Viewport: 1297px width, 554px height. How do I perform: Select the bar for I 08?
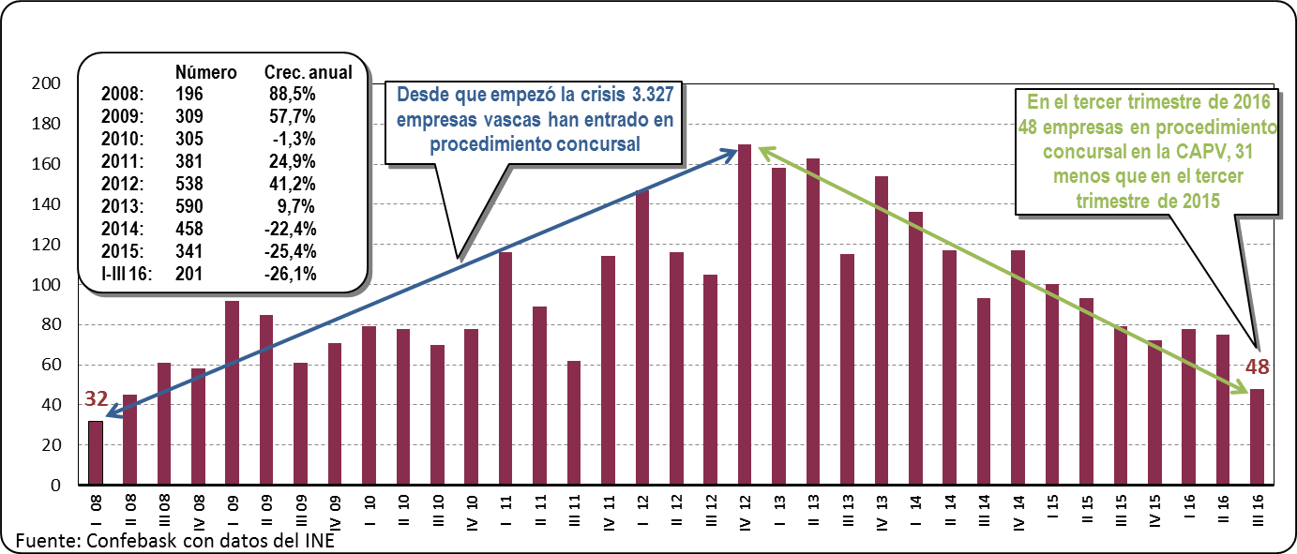(x=96, y=453)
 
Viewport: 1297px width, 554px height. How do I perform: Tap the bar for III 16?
(x=1257, y=437)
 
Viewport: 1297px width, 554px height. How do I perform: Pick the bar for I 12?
(x=642, y=337)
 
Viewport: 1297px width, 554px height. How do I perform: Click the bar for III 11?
(x=574, y=423)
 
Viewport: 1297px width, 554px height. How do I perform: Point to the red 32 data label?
(x=96, y=398)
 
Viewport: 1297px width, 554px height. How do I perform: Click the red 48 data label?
(x=1257, y=366)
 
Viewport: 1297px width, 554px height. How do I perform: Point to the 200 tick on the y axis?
(x=47, y=83)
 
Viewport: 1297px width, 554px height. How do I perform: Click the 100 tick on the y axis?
(x=47, y=285)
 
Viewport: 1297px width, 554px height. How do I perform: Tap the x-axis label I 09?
(x=232, y=511)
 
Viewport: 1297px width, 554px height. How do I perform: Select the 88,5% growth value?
(x=291, y=94)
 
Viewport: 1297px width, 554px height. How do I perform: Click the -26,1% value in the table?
(x=292, y=274)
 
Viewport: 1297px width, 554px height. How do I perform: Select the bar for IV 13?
(x=882, y=330)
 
